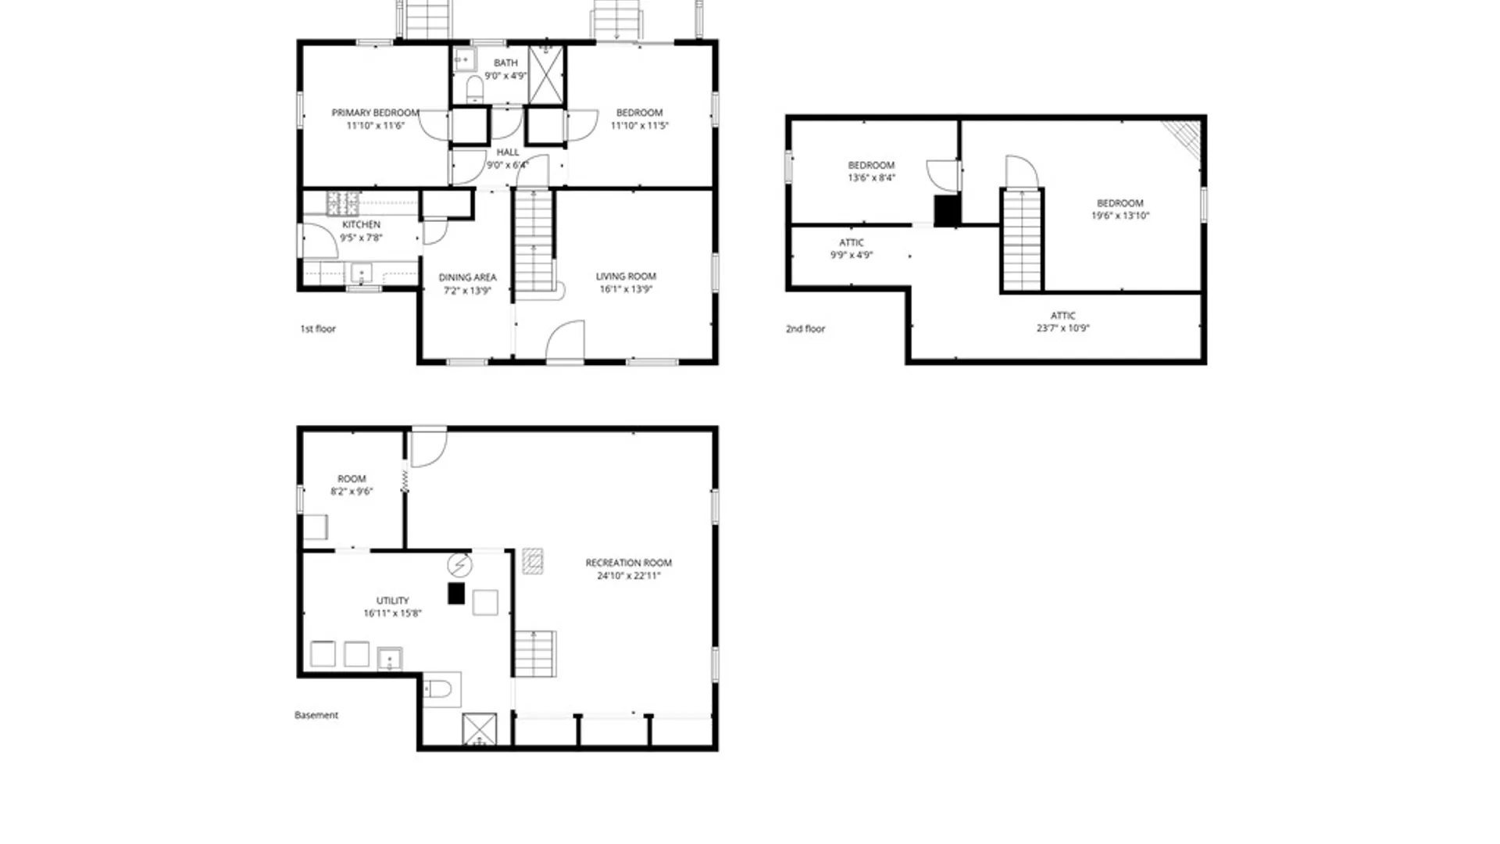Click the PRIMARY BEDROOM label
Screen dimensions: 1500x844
pos(375,113)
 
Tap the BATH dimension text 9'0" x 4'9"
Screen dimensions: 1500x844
pos(505,76)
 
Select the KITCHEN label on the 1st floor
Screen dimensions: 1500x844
pos(361,224)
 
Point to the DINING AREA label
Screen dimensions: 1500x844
pos(467,277)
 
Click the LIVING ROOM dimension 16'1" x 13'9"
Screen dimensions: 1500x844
pos(626,289)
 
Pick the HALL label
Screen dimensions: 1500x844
pos(508,152)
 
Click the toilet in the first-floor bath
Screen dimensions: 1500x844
pos(474,88)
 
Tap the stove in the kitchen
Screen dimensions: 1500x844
pos(343,203)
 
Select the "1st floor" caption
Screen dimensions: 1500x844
pos(318,329)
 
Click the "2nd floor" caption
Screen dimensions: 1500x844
pos(805,329)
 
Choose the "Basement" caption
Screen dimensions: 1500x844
pos(316,715)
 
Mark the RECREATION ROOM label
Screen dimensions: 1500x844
pos(629,563)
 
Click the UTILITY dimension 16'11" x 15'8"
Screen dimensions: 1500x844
pos(392,613)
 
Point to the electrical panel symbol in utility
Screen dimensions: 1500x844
pos(459,564)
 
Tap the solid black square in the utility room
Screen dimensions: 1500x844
pos(456,593)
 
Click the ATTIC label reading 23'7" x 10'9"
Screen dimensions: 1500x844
pos(1062,322)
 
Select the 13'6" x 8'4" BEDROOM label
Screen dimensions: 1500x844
pos(871,171)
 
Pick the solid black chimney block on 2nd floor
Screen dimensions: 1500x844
pos(946,211)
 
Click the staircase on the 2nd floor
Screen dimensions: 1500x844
pos(1022,240)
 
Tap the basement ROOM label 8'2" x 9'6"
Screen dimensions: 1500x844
pos(352,485)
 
